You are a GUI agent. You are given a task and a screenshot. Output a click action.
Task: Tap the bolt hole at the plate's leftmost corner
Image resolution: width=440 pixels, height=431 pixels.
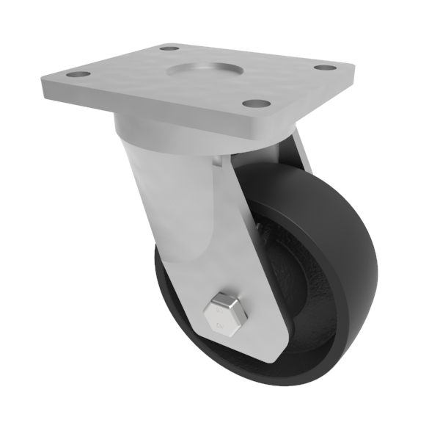click(76, 74)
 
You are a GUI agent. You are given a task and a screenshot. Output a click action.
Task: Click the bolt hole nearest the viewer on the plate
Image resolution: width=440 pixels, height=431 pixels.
click(254, 104)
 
